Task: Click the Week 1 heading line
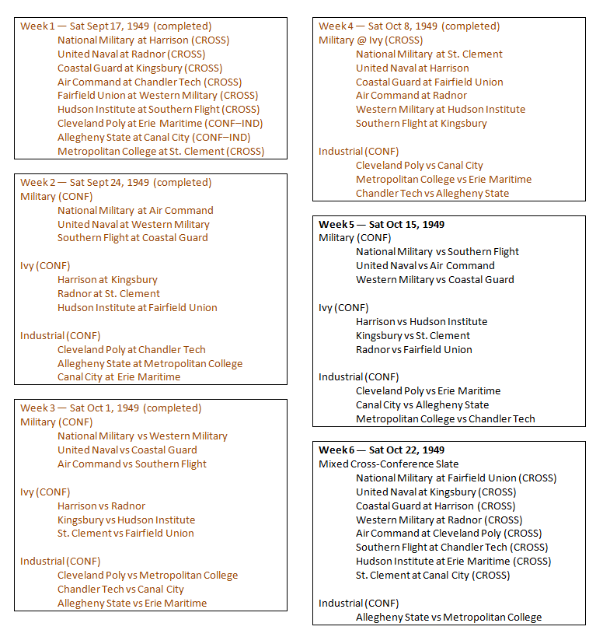(x=116, y=26)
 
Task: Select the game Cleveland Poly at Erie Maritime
(x=160, y=124)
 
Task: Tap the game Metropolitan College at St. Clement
(x=161, y=152)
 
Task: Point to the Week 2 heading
(x=116, y=183)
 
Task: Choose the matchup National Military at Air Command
(x=135, y=210)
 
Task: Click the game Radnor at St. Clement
(x=109, y=294)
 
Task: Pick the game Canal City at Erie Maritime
(x=119, y=377)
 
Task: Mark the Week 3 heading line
(x=110, y=408)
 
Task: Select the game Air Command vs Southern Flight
(x=132, y=464)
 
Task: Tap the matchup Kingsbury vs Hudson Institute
(x=126, y=520)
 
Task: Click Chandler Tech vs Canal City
(x=120, y=590)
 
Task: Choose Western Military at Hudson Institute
(x=441, y=110)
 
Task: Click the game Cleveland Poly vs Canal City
(x=420, y=166)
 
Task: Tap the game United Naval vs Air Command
(x=425, y=266)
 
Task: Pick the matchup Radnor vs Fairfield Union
(x=414, y=350)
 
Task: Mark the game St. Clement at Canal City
(x=433, y=576)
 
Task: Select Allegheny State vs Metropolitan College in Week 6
(x=449, y=618)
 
